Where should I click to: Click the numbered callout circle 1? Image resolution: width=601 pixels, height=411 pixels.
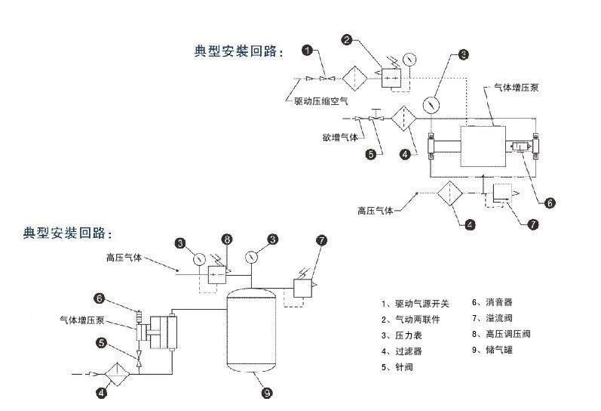[x=308, y=50]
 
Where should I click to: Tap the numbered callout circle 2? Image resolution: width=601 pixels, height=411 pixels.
[x=347, y=39]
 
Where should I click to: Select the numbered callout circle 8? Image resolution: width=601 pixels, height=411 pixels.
[x=226, y=240]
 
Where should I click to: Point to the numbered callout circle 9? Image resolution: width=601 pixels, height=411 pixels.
[x=265, y=392]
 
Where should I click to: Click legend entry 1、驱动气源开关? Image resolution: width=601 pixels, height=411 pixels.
[x=415, y=304]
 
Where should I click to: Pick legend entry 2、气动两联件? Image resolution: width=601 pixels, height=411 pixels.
[x=411, y=320]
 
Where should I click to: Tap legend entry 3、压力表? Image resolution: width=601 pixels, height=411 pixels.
[x=404, y=335]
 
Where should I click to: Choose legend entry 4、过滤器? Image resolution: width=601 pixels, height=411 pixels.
[x=404, y=351]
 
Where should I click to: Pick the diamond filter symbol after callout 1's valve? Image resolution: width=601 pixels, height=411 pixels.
[x=354, y=79]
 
